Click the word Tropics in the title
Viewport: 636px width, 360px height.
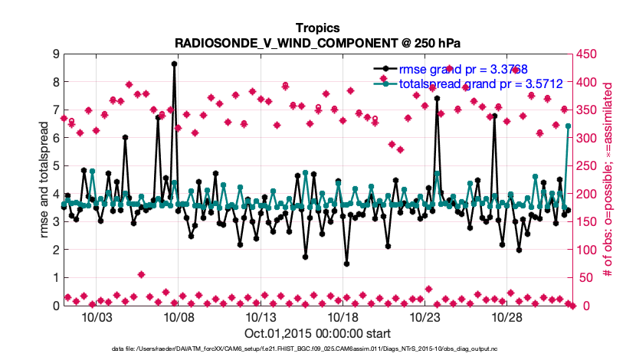tap(317, 28)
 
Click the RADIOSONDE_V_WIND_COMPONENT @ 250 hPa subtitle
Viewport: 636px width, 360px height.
tap(317, 42)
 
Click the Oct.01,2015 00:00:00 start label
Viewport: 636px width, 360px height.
tap(317, 333)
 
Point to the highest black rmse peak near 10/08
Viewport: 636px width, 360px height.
tap(175, 64)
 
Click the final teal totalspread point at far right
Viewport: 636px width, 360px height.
tap(568, 126)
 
